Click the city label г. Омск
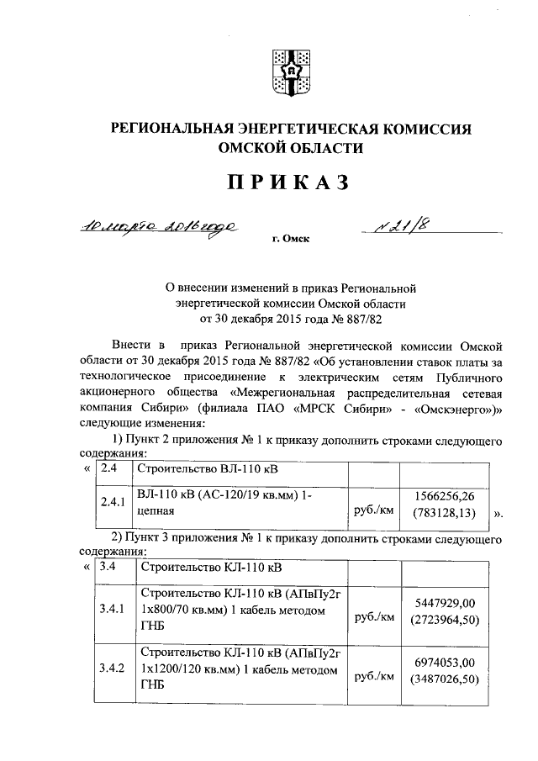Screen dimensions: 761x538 [x=291, y=240]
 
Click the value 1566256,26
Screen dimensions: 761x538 [x=445, y=494]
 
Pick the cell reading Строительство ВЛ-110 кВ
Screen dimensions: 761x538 [x=190, y=469]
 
